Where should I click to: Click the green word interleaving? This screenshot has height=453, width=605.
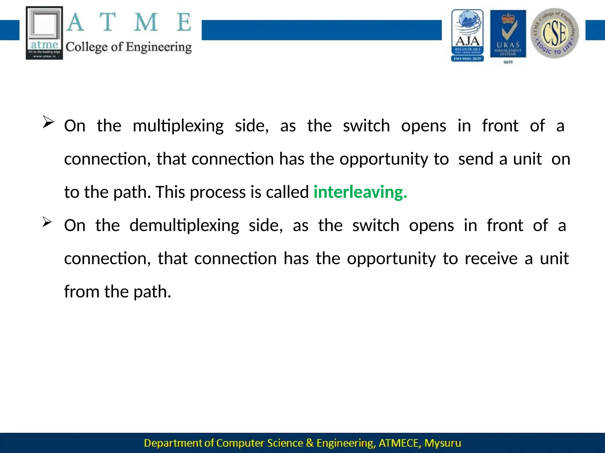coord(360,192)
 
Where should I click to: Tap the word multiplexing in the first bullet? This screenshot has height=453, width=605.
coord(178,126)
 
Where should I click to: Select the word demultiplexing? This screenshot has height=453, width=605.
coord(184,226)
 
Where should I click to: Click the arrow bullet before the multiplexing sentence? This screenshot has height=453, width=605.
coord(48,122)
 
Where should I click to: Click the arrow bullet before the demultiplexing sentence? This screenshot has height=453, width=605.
coord(47,222)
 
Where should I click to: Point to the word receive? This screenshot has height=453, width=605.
coord(491,259)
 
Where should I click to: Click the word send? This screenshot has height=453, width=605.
coord(476,159)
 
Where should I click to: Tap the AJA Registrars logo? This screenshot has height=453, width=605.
coord(467,35)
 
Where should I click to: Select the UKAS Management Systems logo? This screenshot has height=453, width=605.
coord(508,34)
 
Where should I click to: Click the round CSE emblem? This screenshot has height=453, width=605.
coord(554,33)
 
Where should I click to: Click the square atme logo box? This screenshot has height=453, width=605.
coord(44,33)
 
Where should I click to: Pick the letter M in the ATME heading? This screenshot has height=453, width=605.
coord(146,22)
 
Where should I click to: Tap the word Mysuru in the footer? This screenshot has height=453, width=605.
coord(443,443)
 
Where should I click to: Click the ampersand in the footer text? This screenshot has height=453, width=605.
coord(310,443)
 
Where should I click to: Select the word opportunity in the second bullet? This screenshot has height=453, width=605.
coord(391,259)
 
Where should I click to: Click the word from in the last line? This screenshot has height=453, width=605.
coord(82,292)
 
